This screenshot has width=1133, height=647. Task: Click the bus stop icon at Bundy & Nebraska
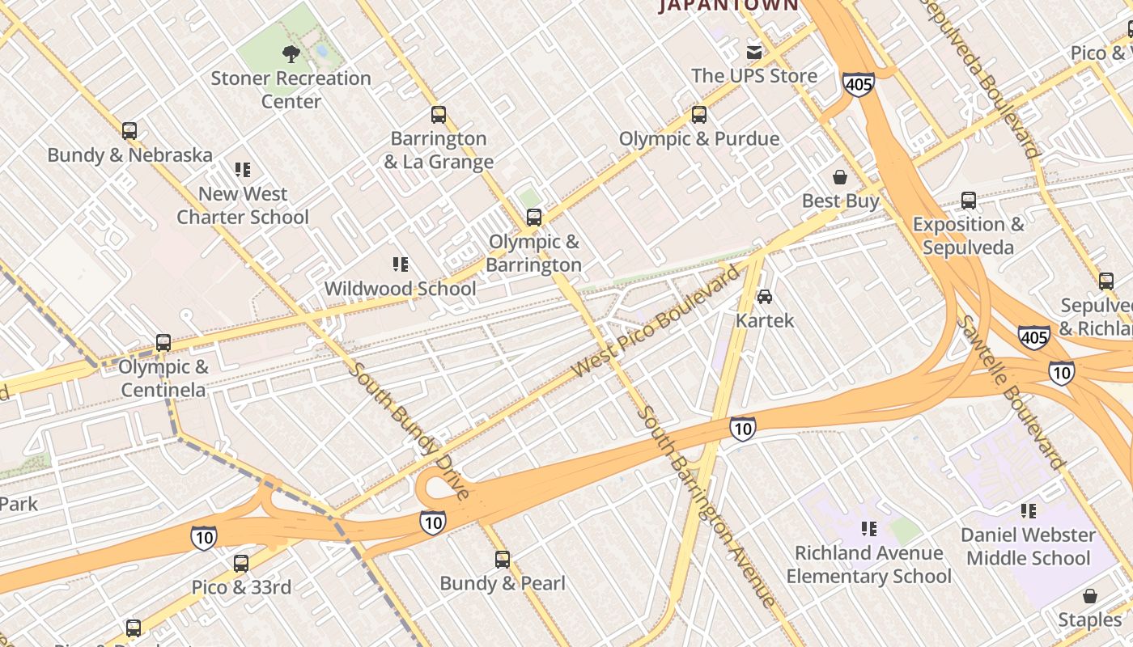pos(129,130)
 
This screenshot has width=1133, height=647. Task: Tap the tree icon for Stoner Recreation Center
pos(291,54)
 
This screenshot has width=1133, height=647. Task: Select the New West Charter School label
pos(243,205)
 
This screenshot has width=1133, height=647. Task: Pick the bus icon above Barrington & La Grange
pos(439,115)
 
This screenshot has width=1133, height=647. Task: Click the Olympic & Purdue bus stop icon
pos(699,115)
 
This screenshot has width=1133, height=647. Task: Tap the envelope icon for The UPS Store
pos(754,53)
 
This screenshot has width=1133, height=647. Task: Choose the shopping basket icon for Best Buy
pos(840,176)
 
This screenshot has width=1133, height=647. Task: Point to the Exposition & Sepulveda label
pos(968,235)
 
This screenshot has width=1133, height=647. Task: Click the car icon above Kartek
pos(765,297)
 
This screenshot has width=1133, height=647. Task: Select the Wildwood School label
pos(400,288)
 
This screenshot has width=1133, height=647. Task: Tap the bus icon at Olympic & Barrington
pos(534,217)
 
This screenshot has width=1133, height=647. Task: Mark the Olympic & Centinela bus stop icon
pos(163,343)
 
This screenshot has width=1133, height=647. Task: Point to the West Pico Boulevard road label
pos(656,320)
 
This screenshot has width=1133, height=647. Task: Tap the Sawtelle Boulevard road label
pos(1011,392)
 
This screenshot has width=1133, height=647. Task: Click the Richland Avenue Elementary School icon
pos(869,529)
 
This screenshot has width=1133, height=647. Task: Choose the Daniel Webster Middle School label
pos(1028,546)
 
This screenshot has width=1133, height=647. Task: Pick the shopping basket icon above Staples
pos(1090,597)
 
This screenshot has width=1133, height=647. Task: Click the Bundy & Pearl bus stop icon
pos(503,559)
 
